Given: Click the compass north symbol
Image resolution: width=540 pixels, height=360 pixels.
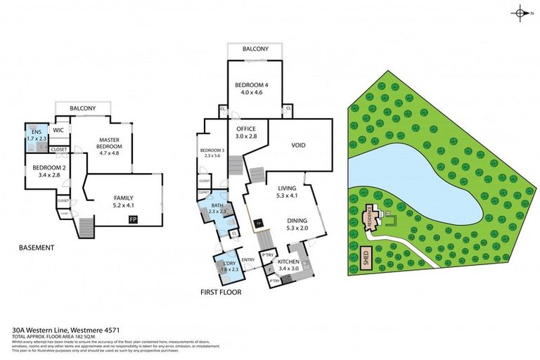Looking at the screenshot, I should (521, 13).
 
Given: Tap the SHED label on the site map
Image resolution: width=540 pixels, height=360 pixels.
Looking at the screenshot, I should (365, 256).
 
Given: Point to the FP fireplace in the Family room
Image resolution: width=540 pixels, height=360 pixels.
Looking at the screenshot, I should (133, 220).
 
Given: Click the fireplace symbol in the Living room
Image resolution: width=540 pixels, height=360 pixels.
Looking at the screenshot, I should (259, 224).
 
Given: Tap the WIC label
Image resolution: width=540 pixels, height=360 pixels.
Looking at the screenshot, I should (59, 130).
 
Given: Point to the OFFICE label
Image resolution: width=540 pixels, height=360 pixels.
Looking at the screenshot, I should (245, 128).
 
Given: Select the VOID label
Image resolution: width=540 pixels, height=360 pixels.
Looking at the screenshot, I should (298, 146).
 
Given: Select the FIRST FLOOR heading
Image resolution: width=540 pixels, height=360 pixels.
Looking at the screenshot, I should (221, 291).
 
